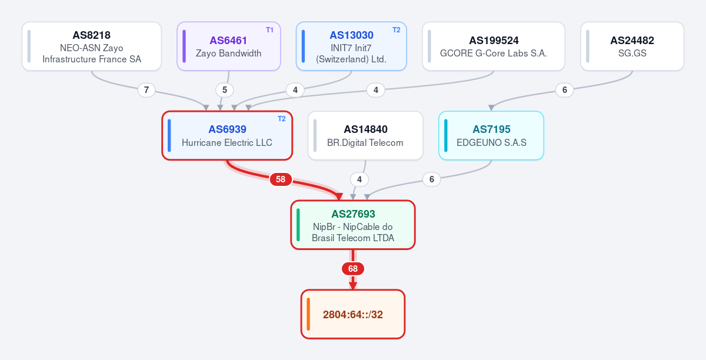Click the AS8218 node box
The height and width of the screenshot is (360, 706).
coord(92,46)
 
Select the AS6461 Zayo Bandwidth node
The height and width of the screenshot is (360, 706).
coord(229,46)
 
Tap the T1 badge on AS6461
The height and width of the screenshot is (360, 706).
coord(269,30)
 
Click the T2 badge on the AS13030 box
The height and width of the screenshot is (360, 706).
coord(396,30)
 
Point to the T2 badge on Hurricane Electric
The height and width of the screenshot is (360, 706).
coord(281,119)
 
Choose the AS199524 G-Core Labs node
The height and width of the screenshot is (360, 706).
coord(494,46)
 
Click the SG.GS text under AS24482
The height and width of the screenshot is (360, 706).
coord(632,54)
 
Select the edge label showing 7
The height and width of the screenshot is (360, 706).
coord(146,90)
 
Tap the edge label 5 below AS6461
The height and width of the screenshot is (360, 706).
coord(225,90)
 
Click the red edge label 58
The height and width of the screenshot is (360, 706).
coord(281,179)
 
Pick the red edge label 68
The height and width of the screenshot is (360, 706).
coord(353,269)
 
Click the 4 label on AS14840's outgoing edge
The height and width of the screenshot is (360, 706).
coord(359,179)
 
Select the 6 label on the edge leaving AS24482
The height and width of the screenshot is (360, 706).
coord(564,90)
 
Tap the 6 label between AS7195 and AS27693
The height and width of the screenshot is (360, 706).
coord(432,179)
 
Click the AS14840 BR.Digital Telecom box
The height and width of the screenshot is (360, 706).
coord(365,135)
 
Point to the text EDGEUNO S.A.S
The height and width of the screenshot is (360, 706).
coord(491,143)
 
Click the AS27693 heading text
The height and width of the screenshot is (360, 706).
coord(353,214)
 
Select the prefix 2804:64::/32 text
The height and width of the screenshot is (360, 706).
coord(353,315)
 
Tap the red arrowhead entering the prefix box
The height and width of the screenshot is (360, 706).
coord(353,286)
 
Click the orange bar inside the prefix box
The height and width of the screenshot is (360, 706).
coord(308,314)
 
